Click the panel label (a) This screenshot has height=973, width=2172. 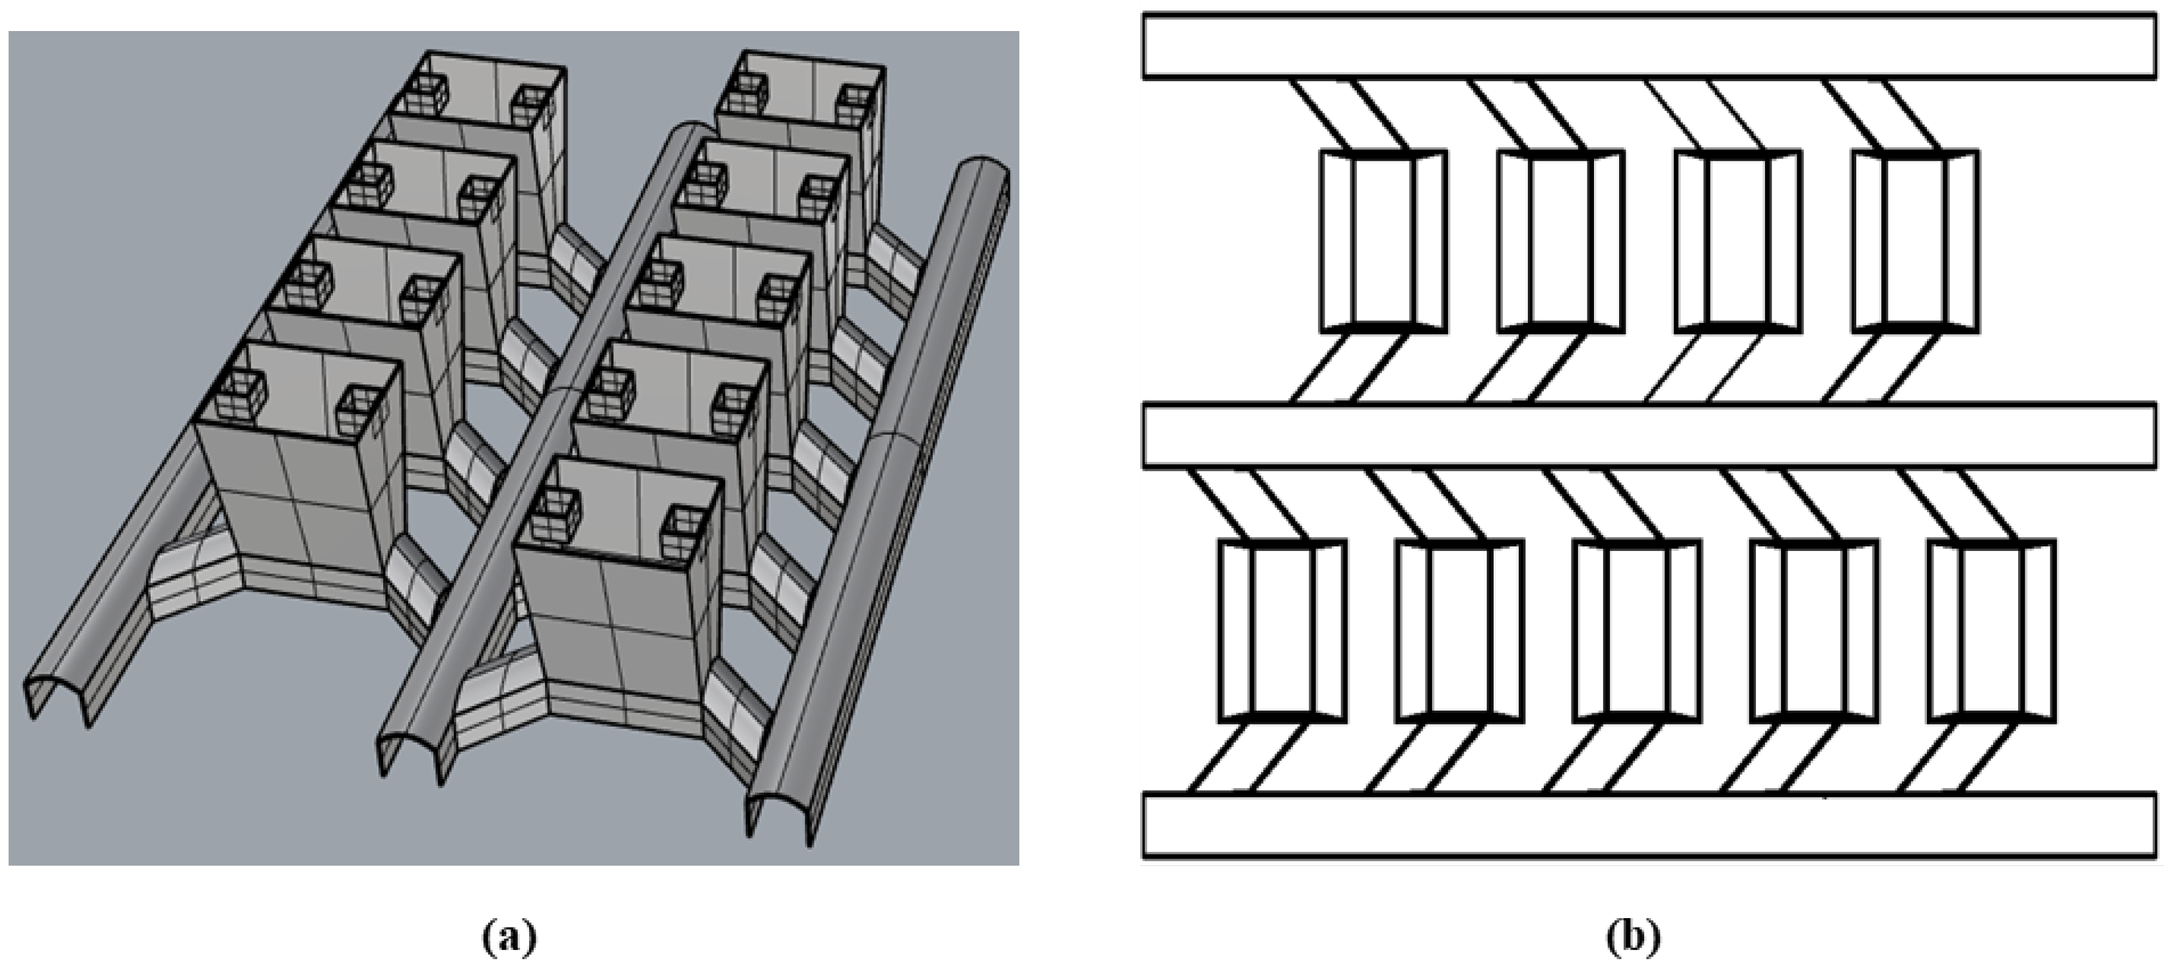tap(509, 936)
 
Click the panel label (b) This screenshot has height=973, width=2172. tap(1633, 936)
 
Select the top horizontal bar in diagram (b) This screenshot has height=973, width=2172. tap(1648, 46)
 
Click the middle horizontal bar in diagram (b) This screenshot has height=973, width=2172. tap(1648, 435)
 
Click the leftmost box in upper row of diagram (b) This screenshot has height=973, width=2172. tap(1383, 241)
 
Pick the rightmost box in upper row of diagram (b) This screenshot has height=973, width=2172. tap(1915, 241)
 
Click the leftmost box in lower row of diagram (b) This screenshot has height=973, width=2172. tap(1282, 631)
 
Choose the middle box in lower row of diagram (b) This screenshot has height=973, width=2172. tap(1636, 631)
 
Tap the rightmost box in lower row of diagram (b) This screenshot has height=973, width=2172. tap(1992, 631)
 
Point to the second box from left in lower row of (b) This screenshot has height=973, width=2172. tap(1459, 631)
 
